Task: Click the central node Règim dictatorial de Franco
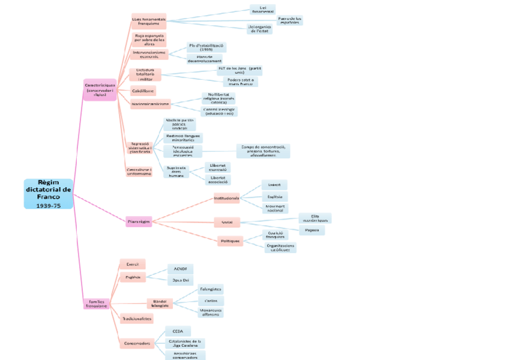pyautogui.click(x=49, y=193)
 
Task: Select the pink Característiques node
pyautogui.click(x=100, y=89)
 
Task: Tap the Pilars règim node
pyautogui.click(x=139, y=221)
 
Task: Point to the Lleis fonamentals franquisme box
pyautogui.click(x=149, y=20)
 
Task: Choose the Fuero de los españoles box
pyautogui.click(x=290, y=20)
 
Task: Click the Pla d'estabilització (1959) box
pyautogui.click(x=206, y=47)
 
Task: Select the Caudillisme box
pyautogui.click(x=143, y=91)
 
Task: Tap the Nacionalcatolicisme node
pyautogui.click(x=150, y=104)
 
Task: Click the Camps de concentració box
pyautogui.click(x=263, y=151)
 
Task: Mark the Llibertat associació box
pyautogui.click(x=217, y=179)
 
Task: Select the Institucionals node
pyautogui.click(x=226, y=198)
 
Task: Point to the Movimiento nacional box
pyautogui.click(x=275, y=208)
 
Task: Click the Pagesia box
pyautogui.click(x=312, y=230)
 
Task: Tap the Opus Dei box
pyautogui.click(x=180, y=280)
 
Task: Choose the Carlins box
pyautogui.click(x=211, y=300)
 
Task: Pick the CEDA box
pyautogui.click(x=178, y=331)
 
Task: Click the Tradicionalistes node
pyautogui.click(x=137, y=319)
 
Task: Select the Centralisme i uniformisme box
pyautogui.click(x=139, y=172)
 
